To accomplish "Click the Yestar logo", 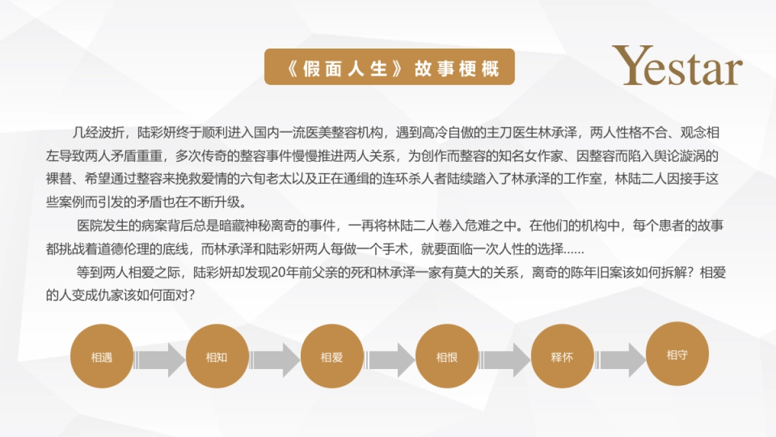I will pyautogui.click(x=677, y=65).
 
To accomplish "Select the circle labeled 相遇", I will pyautogui.click(x=102, y=357).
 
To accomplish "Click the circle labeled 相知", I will pyautogui.click(x=217, y=357).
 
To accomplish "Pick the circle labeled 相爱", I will pyautogui.click(x=332, y=357).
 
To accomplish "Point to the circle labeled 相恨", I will pyautogui.click(x=447, y=357).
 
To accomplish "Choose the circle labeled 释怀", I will pyautogui.click(x=562, y=357).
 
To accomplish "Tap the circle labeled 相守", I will pyautogui.click(x=677, y=354).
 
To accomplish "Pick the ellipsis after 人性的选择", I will pyautogui.click(x=574, y=250).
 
